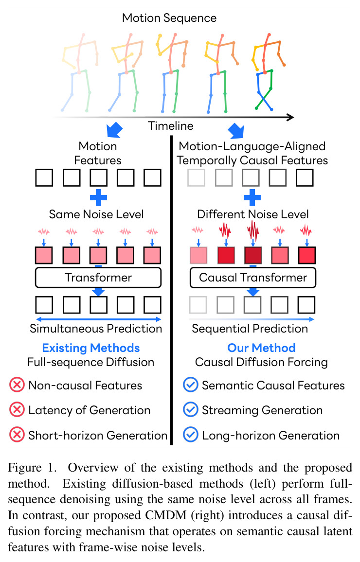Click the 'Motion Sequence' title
pos(169,18)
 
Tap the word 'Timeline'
pos(170,126)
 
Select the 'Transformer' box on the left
pos(98,278)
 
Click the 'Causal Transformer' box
pos(253,278)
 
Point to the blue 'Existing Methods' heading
pos(90,348)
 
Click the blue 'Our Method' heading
pos(261,348)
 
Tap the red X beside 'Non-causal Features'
pos(17,386)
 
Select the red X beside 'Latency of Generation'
pos(17,410)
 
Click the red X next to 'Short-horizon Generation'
pos(17,435)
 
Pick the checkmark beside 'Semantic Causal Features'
pos(190,385)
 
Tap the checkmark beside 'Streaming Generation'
pos(190,410)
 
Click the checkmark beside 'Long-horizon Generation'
pos(190,435)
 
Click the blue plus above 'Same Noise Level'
pos(98,197)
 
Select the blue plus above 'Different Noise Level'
pos(252,197)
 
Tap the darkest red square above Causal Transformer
pos(253,255)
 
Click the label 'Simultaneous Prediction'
pos(96,328)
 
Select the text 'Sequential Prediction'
pos(250,328)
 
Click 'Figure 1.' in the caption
pos(32,467)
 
